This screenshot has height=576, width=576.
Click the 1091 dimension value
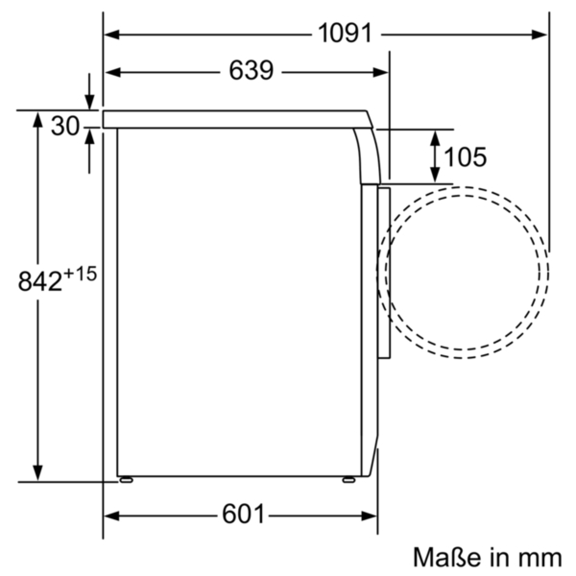[x=345, y=34]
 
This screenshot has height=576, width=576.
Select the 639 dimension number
[x=251, y=71]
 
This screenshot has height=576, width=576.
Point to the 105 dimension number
[x=465, y=156]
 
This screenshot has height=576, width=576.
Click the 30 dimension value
[x=65, y=126]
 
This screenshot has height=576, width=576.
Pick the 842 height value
[x=40, y=281]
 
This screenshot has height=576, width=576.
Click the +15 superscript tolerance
[x=80, y=274]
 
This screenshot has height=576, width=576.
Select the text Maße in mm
[x=488, y=557]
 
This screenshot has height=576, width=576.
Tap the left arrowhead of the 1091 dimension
[x=111, y=35]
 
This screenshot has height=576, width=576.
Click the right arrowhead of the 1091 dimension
[x=539, y=35]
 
